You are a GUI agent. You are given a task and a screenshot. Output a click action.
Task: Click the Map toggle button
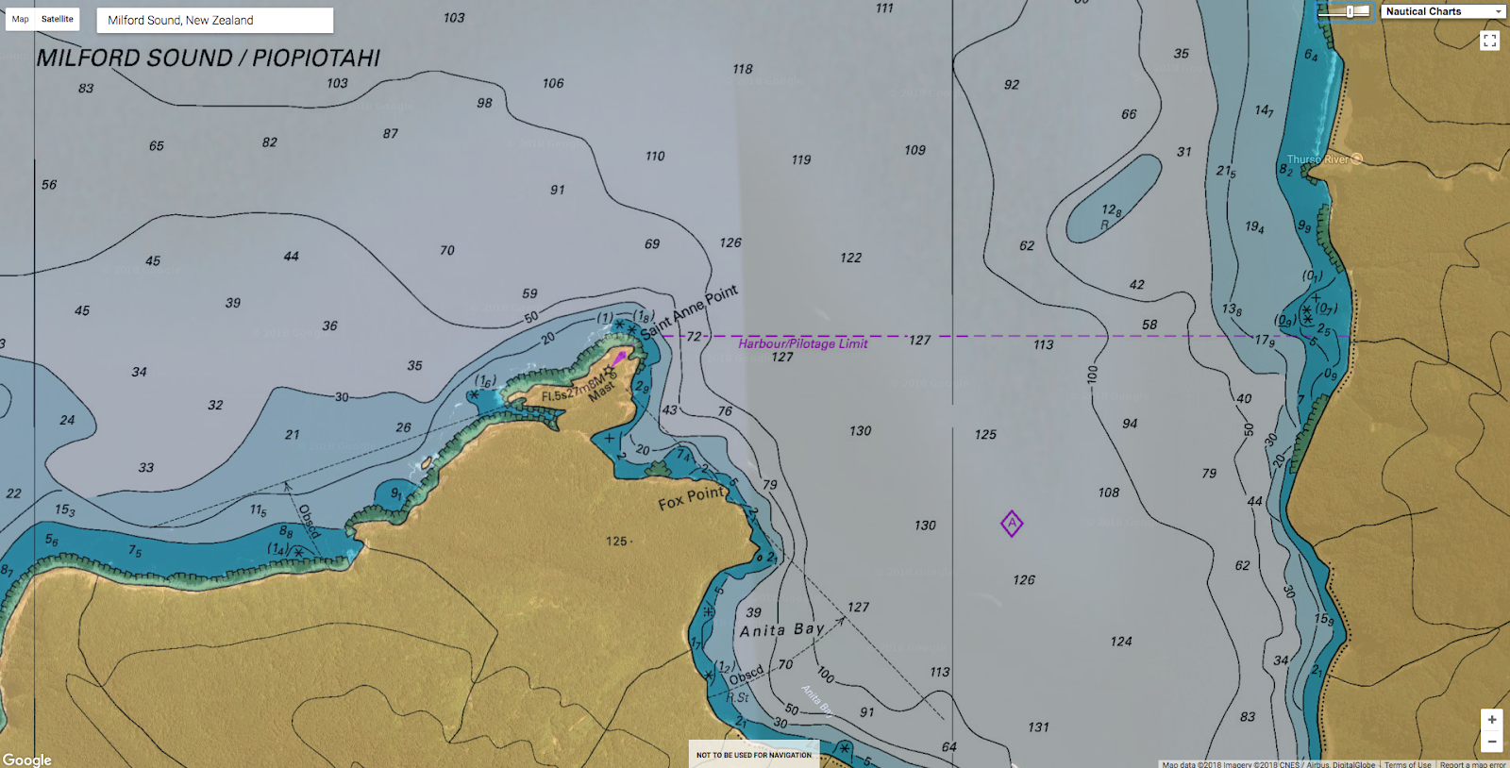(20, 19)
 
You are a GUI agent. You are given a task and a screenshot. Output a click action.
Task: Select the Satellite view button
(58, 19)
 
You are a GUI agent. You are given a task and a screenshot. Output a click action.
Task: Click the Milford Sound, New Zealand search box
(214, 20)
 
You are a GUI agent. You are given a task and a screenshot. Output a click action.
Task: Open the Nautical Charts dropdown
(1443, 11)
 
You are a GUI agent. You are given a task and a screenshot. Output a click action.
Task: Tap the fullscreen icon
(1489, 41)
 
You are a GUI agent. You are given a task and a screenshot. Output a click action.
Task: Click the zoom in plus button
(1491, 720)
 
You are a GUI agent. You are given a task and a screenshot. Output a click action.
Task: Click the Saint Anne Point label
(689, 312)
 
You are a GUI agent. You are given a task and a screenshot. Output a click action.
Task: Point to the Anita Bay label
(782, 629)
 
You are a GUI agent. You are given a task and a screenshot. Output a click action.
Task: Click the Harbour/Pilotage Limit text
(802, 343)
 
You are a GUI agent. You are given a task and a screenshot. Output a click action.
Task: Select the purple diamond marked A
(1012, 524)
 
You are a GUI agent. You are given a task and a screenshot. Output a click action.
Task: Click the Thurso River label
(1318, 159)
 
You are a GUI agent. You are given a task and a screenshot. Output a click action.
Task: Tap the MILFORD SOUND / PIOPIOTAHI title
(209, 58)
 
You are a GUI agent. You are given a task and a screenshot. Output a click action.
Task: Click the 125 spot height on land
(617, 541)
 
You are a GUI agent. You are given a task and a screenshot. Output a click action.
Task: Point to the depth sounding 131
(1038, 726)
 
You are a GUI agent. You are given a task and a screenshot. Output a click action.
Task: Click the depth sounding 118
(743, 69)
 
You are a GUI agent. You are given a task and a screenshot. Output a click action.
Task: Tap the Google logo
(27, 760)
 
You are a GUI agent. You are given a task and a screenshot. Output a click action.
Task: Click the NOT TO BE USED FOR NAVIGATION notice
(753, 755)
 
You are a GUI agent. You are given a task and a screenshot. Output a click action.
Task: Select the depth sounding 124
(1120, 642)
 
